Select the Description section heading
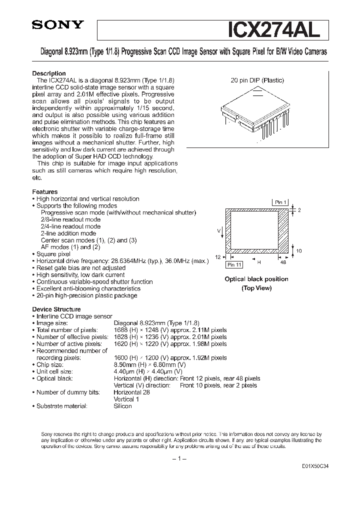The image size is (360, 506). [x=49, y=73]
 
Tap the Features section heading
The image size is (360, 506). [x=45, y=192]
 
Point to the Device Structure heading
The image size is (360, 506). [x=56, y=309]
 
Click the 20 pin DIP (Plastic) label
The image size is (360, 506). [x=256, y=80]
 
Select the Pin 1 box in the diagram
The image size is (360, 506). [x=280, y=202]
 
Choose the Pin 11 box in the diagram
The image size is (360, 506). [x=233, y=264]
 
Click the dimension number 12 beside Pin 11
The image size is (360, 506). [x=218, y=256]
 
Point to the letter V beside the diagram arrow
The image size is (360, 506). [x=218, y=230]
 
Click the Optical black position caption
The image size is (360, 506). [x=256, y=279]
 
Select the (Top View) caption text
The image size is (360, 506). [x=256, y=288]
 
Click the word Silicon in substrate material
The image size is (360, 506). [x=123, y=406]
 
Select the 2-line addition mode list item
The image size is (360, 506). [x=68, y=233]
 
